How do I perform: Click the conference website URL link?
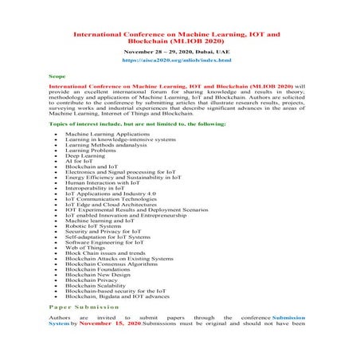177,60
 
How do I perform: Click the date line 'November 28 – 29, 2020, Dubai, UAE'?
177,49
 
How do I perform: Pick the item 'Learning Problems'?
90,149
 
